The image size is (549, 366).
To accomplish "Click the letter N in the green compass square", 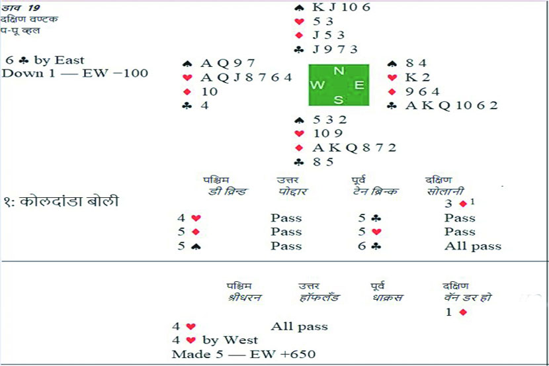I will (x=339, y=71).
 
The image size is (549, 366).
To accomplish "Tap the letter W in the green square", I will (x=317, y=85).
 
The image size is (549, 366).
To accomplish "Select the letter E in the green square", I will (x=360, y=85).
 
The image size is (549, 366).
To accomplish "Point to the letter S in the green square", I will (x=339, y=99).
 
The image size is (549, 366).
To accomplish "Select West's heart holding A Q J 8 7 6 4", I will (x=246, y=77).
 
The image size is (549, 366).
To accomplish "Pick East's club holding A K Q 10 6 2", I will (x=451, y=105).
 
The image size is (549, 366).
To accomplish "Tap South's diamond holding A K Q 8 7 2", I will (x=355, y=148).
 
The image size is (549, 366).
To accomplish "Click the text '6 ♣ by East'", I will (x=44, y=60).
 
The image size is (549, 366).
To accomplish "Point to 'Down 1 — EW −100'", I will (x=75, y=73).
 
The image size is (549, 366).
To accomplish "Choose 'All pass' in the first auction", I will (x=472, y=246).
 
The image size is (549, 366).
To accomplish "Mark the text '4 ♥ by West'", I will (x=214, y=340).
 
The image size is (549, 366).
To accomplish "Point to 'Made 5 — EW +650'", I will (x=244, y=354).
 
